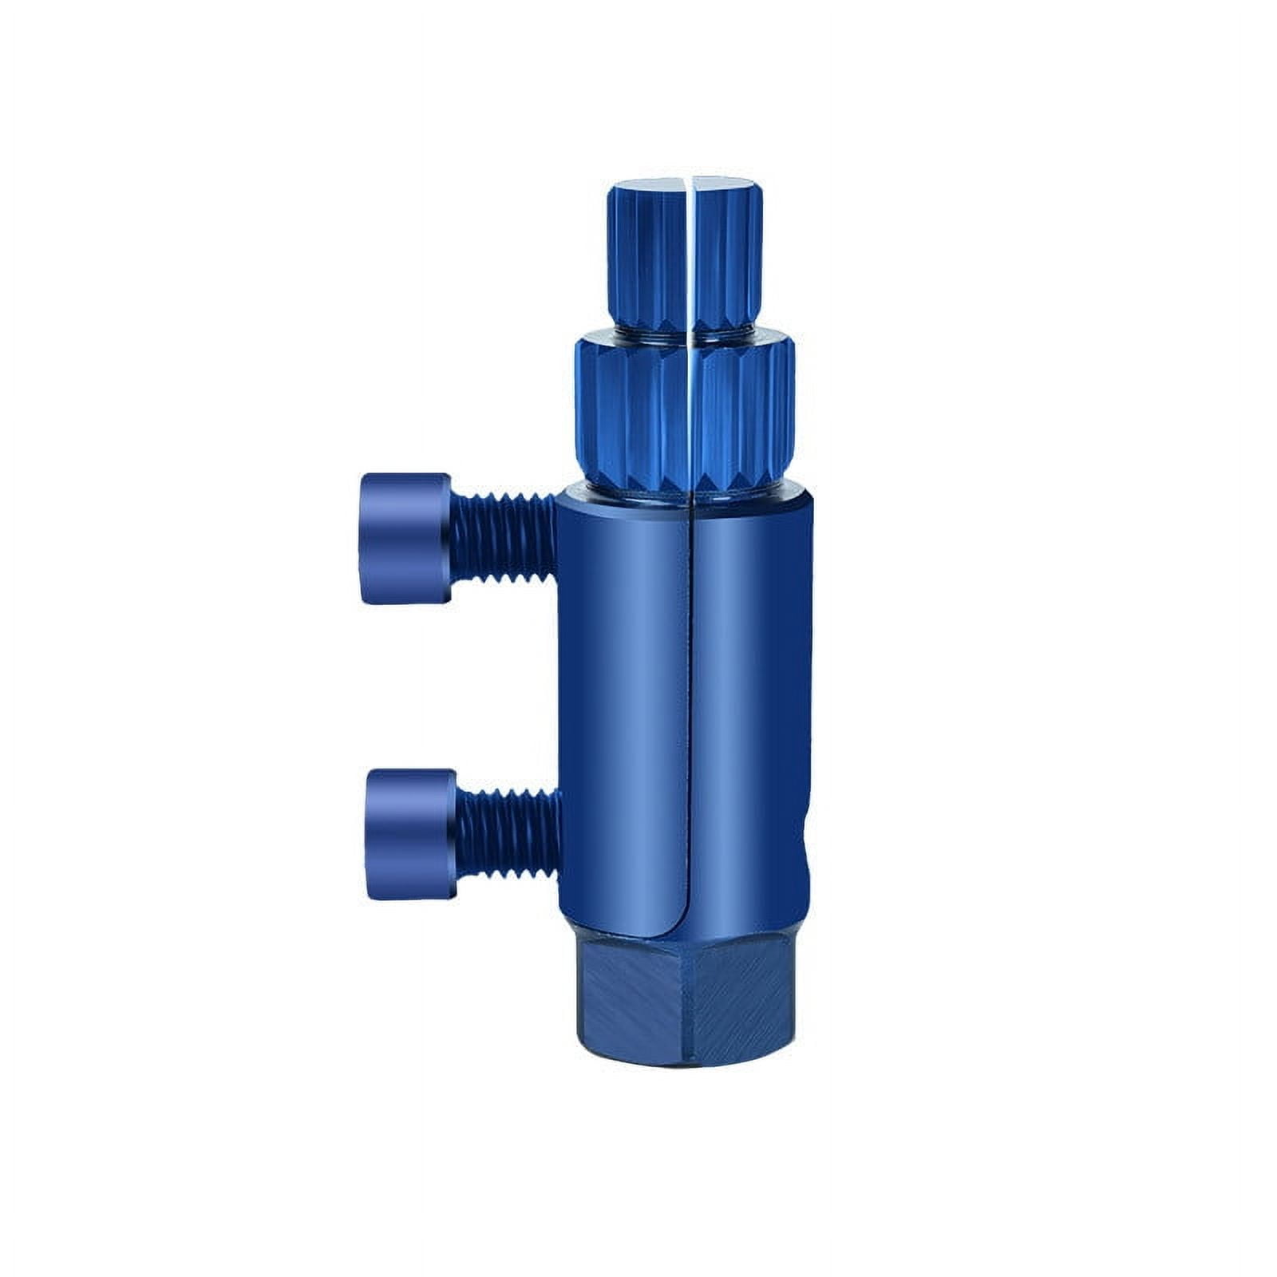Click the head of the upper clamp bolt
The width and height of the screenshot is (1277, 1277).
[403, 538]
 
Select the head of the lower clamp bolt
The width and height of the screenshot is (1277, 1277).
[409, 834]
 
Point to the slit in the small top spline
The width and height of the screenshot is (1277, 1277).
[690, 255]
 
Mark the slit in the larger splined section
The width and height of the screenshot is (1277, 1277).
[689, 415]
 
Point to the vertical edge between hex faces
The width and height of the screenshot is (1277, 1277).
[685, 1006]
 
